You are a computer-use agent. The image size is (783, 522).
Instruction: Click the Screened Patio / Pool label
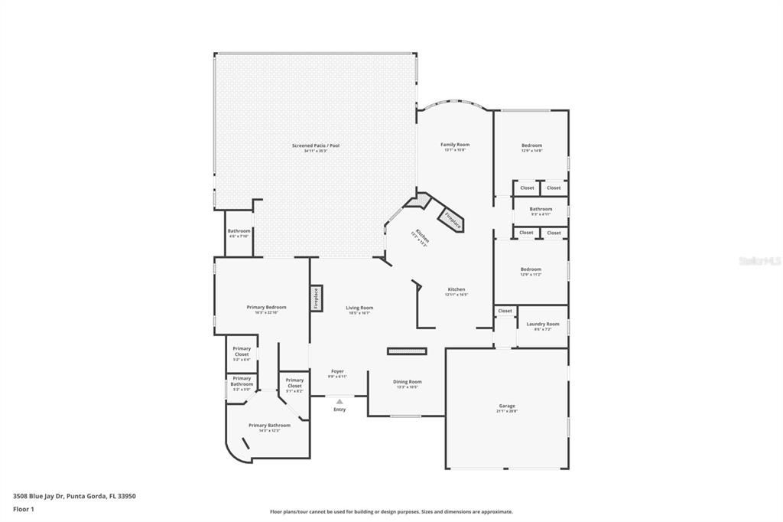tap(315, 145)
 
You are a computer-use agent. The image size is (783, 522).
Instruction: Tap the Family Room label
tap(455, 145)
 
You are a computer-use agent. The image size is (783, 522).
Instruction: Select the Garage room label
tap(507, 406)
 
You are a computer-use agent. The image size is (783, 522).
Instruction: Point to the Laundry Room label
tap(543, 324)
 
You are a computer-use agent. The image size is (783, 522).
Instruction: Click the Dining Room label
tap(407, 382)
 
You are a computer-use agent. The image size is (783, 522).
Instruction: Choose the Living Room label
tap(359, 308)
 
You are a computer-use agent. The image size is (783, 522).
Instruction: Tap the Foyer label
tap(337, 371)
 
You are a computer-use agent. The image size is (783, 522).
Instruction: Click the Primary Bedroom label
tap(266, 307)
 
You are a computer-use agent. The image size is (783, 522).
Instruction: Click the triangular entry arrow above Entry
tap(340, 401)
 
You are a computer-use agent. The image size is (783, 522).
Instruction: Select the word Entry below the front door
tap(340, 409)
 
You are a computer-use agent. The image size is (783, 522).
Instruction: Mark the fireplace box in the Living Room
tap(316, 298)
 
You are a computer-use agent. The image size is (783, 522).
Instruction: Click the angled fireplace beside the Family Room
tap(453, 220)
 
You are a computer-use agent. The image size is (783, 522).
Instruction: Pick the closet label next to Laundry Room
tap(505, 311)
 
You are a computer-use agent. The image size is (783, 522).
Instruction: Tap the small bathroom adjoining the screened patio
tap(239, 231)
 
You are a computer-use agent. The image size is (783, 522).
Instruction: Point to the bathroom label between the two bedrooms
tap(541, 209)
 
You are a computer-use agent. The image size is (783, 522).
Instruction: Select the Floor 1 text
tap(24, 509)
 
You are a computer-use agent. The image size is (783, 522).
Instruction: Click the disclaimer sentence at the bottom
tap(391, 512)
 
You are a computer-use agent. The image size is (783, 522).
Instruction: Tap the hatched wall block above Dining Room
tap(406, 351)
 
